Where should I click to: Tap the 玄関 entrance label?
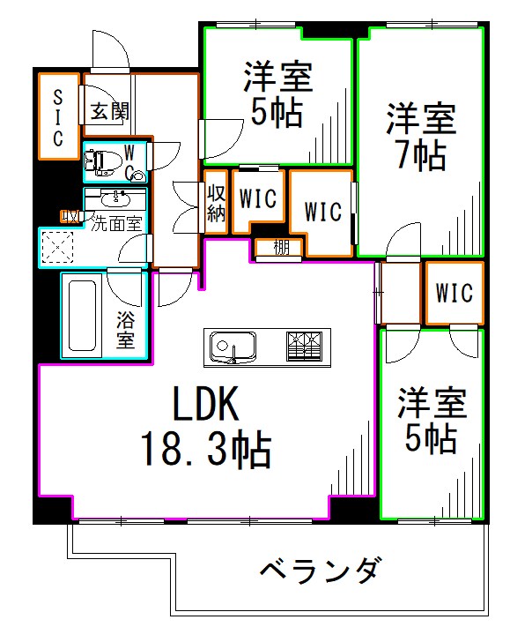pyautogui.click(x=109, y=111)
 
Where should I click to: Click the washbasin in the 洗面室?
pyautogui.click(x=114, y=197)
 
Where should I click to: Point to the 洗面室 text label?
pyautogui.click(x=117, y=223)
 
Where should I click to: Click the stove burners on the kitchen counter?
pyautogui.click(x=306, y=345)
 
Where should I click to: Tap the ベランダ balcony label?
pyautogui.click(x=322, y=570)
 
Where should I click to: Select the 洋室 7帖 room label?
pyautogui.click(x=420, y=137)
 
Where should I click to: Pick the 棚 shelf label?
pyautogui.click(x=280, y=248)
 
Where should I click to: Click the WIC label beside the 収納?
pyautogui.click(x=258, y=199)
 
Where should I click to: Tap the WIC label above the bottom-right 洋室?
pyautogui.click(x=455, y=292)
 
